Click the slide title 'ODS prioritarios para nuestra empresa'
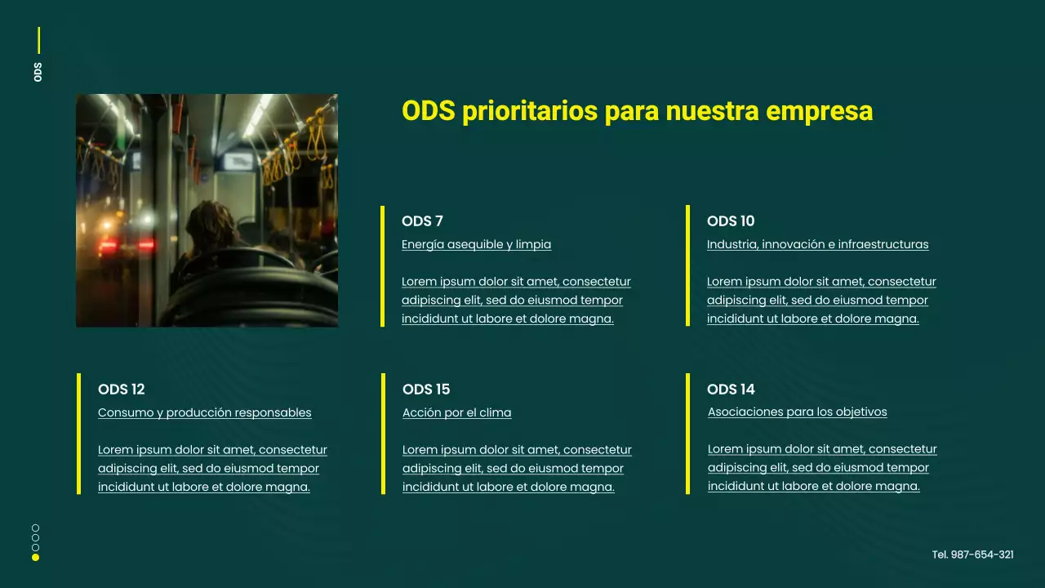(x=637, y=111)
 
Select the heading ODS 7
(x=422, y=221)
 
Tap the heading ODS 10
(x=731, y=221)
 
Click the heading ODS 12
(x=121, y=390)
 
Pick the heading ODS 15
(x=426, y=390)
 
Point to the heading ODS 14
(x=731, y=390)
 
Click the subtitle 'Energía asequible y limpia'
(x=476, y=244)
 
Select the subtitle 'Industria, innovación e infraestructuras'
(x=817, y=244)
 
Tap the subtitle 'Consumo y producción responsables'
(x=204, y=412)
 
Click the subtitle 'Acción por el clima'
(x=456, y=412)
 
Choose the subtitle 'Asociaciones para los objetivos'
(x=797, y=412)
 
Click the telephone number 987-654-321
(x=973, y=555)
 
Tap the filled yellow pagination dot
(x=35, y=558)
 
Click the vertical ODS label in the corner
(x=38, y=71)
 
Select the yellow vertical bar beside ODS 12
(x=78, y=434)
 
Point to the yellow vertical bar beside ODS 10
(x=687, y=265)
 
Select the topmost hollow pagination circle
(x=35, y=528)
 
